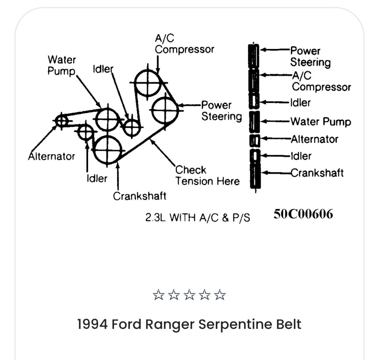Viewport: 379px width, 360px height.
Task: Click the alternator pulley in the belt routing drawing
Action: [x=62, y=121]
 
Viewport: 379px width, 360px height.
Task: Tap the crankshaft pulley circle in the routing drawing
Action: [x=108, y=150]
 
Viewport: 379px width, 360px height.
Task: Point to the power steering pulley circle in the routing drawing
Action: [x=165, y=110]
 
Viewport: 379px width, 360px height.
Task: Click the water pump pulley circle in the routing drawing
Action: [x=108, y=118]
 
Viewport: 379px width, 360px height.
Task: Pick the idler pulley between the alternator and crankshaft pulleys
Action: [x=86, y=132]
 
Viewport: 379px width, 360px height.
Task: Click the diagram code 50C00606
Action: [x=303, y=214]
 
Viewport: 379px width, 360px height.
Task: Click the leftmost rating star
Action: [x=158, y=296]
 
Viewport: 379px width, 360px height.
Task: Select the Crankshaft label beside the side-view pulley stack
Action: [x=317, y=173]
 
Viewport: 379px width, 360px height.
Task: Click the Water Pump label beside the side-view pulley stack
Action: [x=320, y=121]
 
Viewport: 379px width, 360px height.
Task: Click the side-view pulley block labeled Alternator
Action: [x=255, y=140]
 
